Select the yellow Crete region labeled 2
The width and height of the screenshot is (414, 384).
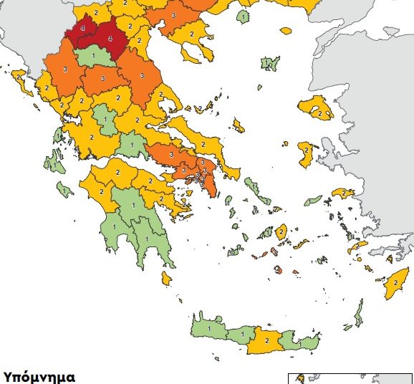coord(266,342)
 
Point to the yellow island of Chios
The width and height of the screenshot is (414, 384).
coord(307,153)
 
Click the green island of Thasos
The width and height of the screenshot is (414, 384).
coord(244,16)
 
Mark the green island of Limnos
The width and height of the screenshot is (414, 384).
coord(269,64)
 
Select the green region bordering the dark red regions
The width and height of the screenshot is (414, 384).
coord(92,56)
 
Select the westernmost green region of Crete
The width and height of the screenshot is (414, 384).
coord(208,328)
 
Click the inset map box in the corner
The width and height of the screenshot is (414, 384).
coord(350,378)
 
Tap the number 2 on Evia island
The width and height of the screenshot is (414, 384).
coord(202,144)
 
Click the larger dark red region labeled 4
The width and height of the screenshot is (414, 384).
coord(107,37)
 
